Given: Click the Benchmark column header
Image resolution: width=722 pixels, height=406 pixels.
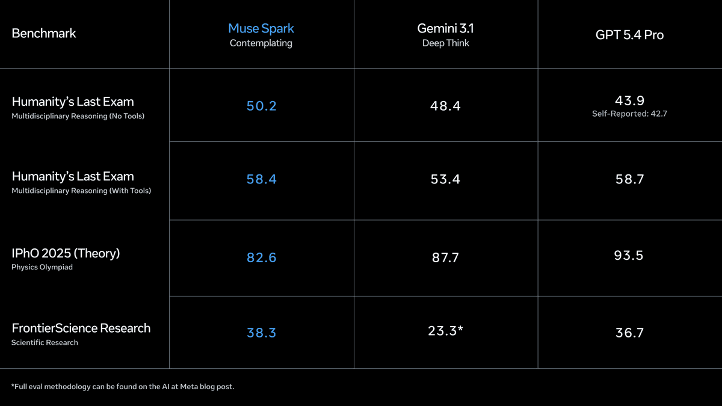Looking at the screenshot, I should coord(44,33).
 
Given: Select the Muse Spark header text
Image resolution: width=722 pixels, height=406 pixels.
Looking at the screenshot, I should coord(261,28).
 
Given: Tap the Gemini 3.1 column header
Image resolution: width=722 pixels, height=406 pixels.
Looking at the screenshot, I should coord(445,28).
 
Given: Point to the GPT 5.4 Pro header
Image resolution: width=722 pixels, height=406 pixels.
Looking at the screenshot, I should coord(629,35).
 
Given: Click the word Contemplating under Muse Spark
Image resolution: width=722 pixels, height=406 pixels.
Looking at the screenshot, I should coord(261,43).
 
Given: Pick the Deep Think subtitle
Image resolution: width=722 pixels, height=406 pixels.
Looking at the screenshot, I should coord(445,43).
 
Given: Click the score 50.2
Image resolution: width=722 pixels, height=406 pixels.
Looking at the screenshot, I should coord(261,106).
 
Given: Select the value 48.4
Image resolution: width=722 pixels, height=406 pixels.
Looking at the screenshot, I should coord(445,106).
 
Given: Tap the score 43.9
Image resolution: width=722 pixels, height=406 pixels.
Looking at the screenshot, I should coord(629,100).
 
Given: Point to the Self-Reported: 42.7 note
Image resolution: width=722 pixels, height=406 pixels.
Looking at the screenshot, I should coord(629,114).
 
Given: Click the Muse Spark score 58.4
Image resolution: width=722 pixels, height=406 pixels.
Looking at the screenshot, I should coord(261,179).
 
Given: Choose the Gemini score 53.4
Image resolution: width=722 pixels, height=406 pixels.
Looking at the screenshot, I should coord(445,179).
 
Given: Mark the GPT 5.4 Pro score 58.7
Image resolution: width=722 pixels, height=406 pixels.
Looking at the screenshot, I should coord(629,179).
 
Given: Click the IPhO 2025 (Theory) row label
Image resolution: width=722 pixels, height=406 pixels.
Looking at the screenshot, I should coord(66,253).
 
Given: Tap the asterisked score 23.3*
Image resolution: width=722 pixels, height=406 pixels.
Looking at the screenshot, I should coord(445,330).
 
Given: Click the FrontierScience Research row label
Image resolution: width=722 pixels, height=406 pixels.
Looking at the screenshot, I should coord(81,328).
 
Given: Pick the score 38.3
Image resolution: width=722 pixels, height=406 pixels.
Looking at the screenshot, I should coord(261,333).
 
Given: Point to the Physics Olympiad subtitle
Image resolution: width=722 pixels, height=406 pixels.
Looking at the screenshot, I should coord(42,267).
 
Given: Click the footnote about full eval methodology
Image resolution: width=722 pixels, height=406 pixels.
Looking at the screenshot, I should coord(123,386).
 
